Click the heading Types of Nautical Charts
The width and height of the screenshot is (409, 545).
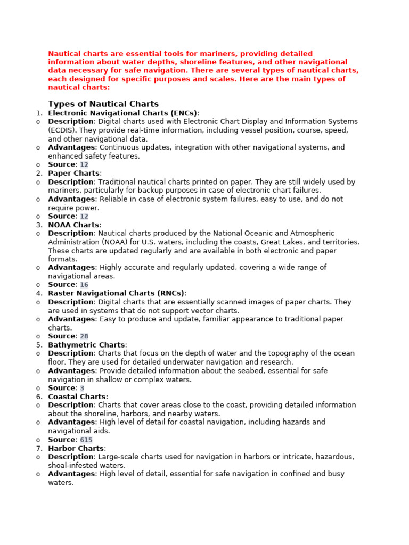coord(103,104)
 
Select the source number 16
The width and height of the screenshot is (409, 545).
coord(84,285)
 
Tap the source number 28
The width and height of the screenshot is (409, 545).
coord(84,336)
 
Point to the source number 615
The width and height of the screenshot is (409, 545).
coord(86,440)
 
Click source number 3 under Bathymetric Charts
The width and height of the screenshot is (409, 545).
coord(82,388)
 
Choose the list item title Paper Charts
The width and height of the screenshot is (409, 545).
coord(73,173)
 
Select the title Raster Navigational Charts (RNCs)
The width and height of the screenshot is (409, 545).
coord(116,293)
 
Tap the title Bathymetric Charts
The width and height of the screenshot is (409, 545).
coord(86,345)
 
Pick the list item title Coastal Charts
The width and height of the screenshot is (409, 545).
coord(77,397)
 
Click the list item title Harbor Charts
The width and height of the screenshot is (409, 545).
coord(76,448)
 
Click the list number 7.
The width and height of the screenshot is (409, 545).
coord(39,448)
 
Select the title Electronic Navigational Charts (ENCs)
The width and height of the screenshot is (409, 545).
coord(122,113)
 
